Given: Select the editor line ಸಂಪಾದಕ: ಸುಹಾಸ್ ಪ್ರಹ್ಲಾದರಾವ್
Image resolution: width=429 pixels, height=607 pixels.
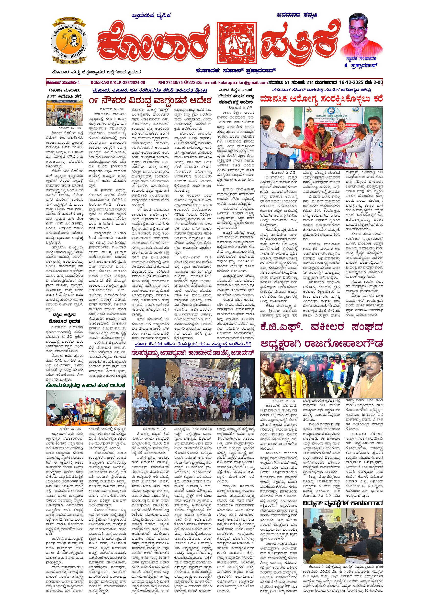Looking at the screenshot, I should tap(236, 70).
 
